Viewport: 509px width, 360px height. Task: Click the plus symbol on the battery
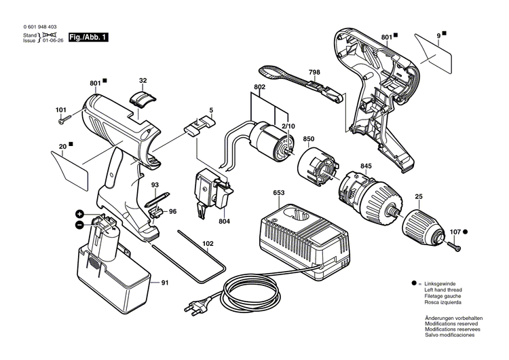[79, 214]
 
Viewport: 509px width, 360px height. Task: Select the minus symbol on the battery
[79, 224]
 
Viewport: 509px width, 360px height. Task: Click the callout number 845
[365, 166]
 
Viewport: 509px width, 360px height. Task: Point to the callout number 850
[308, 139]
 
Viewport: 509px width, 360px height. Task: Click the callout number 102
[207, 242]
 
